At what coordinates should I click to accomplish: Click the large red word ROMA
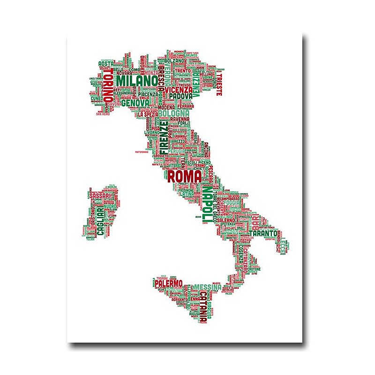tap(185, 177)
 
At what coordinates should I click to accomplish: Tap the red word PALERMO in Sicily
tap(169, 284)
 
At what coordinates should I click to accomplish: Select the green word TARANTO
tap(263, 232)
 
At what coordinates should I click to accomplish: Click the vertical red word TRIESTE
tap(218, 84)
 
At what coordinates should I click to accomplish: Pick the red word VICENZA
tap(179, 89)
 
